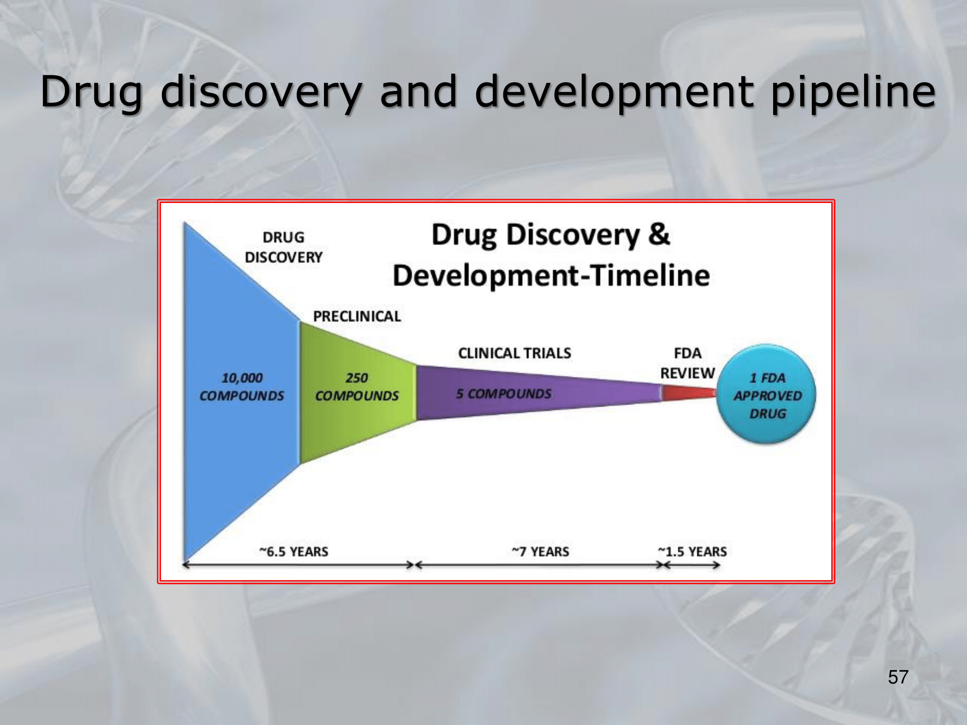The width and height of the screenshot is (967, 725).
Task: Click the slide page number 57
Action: [898, 677]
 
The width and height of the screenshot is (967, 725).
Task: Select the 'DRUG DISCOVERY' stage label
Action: [284, 247]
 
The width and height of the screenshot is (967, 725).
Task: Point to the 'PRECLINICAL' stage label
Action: [357, 317]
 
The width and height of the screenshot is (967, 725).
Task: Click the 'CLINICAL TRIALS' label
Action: [514, 353]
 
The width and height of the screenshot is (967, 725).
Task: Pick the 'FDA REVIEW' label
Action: [688, 363]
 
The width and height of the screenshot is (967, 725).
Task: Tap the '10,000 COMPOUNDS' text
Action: [242, 387]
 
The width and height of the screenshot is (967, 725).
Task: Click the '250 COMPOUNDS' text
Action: [357, 387]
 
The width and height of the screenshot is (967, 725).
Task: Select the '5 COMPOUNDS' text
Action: [503, 394]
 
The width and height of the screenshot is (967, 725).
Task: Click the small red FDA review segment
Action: [689, 392]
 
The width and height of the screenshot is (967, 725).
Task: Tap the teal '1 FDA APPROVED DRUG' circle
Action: [766, 394]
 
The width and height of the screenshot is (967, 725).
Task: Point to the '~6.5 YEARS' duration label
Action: [293, 551]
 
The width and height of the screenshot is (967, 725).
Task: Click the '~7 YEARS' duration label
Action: [540, 551]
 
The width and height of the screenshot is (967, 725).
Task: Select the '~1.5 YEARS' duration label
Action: [692, 551]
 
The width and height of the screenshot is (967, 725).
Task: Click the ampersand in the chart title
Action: [659, 234]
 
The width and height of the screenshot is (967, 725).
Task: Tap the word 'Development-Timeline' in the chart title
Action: [551, 276]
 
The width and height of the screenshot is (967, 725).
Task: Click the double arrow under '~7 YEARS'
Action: [539, 565]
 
